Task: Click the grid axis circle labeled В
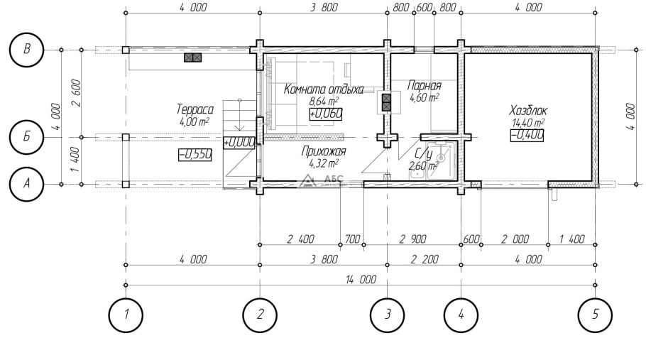(x=26, y=50)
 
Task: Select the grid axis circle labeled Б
(x=26, y=137)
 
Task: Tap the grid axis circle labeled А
(x=26, y=184)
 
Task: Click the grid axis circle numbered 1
(x=126, y=315)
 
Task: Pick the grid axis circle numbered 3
(x=388, y=315)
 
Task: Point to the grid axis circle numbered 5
(x=595, y=315)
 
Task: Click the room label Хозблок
(x=528, y=111)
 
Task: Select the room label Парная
(x=424, y=86)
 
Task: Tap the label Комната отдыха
(x=324, y=89)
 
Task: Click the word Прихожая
(x=324, y=151)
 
